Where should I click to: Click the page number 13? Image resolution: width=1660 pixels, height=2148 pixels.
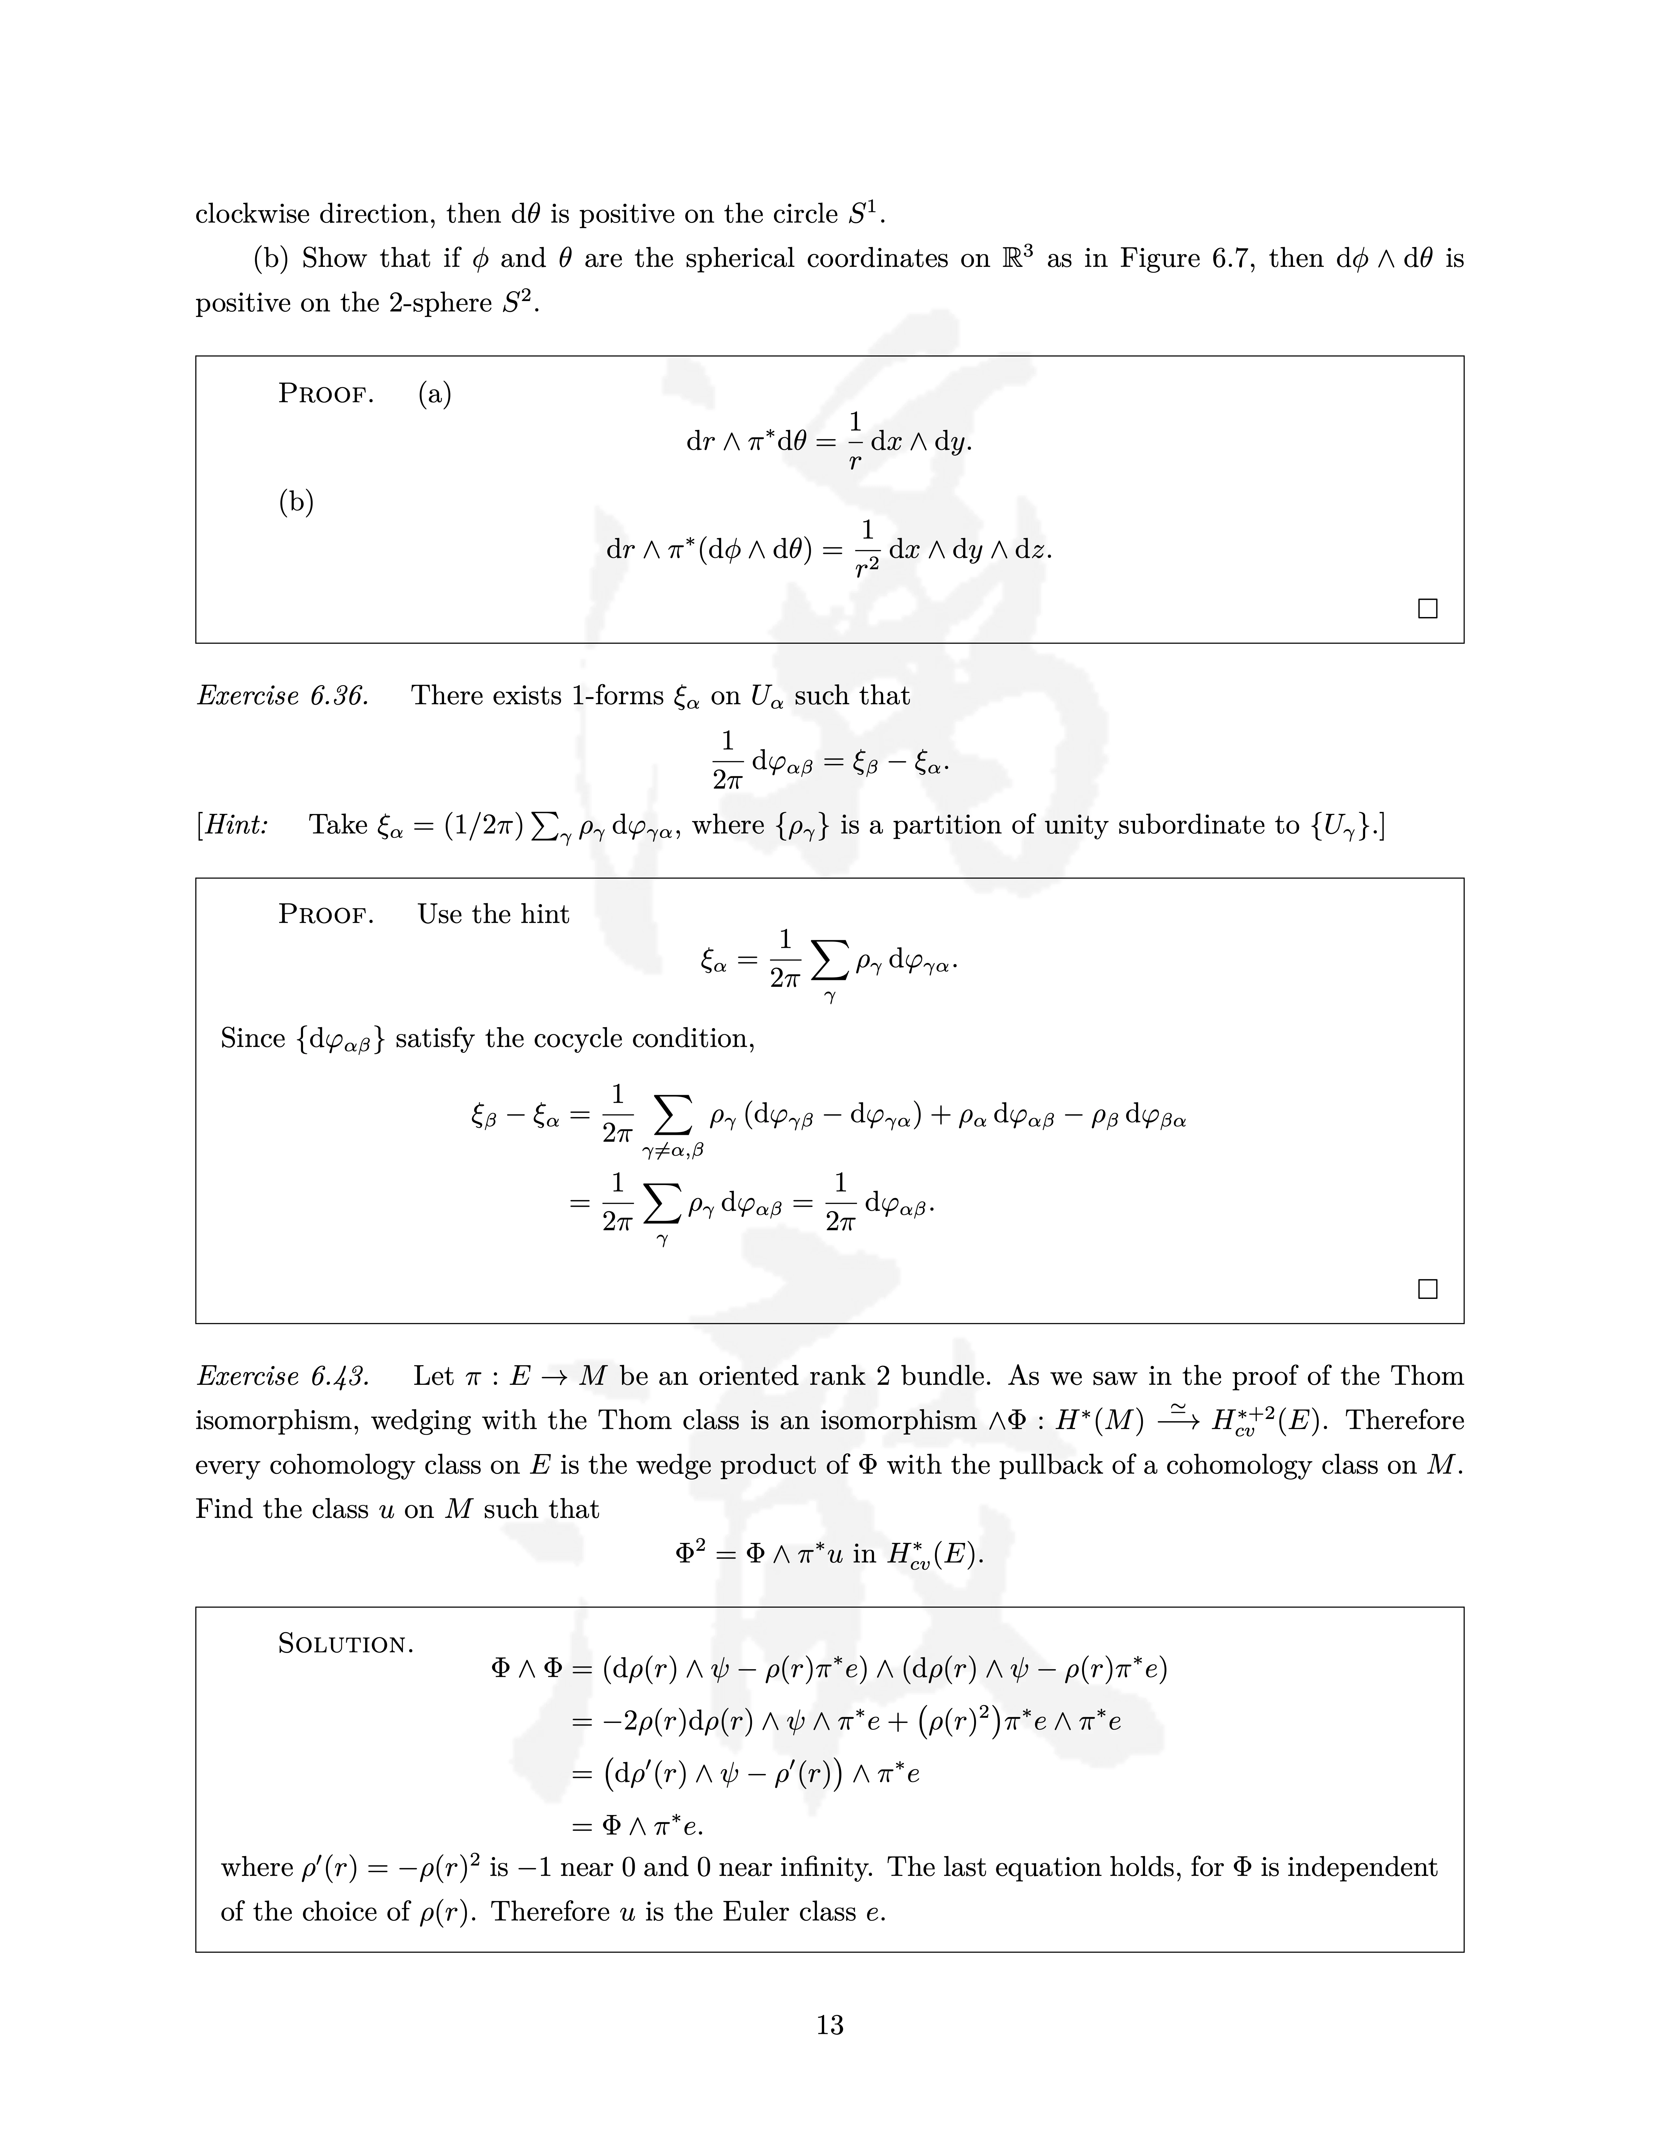coord(829,2025)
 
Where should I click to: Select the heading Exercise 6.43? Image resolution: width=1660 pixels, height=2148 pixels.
coord(282,1376)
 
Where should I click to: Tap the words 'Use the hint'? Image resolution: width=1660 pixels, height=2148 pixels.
coord(493,915)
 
